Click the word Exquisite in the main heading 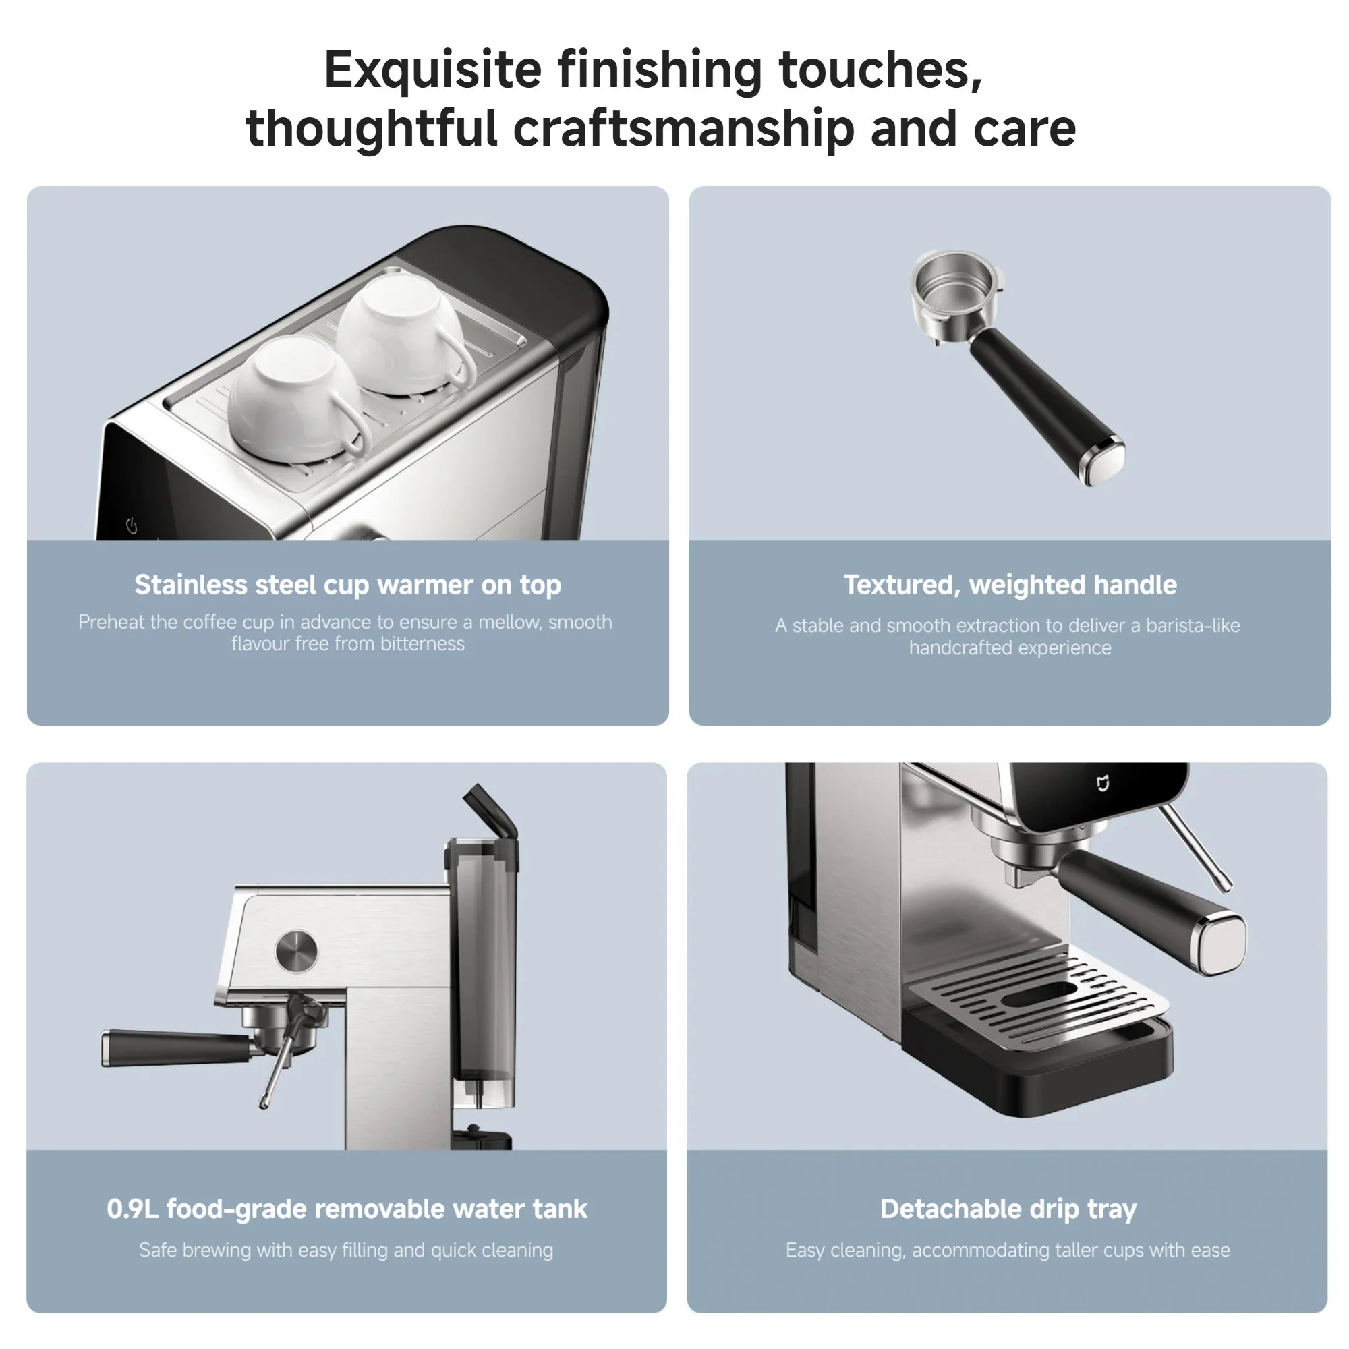tap(433, 71)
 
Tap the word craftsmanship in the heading tap(683, 130)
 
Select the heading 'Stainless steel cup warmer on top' tap(348, 585)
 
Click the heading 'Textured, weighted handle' tap(1010, 585)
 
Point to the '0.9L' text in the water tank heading tap(133, 1209)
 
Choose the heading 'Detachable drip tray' tap(1008, 1209)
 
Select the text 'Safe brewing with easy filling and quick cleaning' tap(346, 1250)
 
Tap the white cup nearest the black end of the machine tap(403, 334)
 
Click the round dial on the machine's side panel tap(296, 950)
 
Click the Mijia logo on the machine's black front tap(1103, 783)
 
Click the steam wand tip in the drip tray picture tap(1226, 887)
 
